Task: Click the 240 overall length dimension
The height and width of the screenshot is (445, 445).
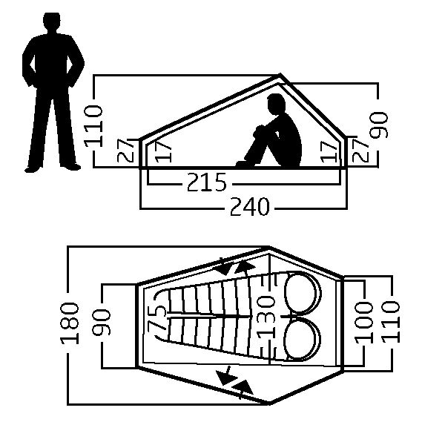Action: pos(249,206)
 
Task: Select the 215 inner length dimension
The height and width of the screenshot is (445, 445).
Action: pos(207,182)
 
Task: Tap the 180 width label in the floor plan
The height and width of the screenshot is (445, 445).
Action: pos(70,323)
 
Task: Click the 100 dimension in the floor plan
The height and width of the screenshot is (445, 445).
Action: pos(364,323)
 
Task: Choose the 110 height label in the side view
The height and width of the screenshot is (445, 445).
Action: pos(93,126)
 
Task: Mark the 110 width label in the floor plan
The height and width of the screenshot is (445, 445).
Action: pos(391,323)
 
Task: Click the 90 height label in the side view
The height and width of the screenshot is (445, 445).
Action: pos(379,125)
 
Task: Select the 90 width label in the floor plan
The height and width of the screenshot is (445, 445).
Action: pos(102,323)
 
